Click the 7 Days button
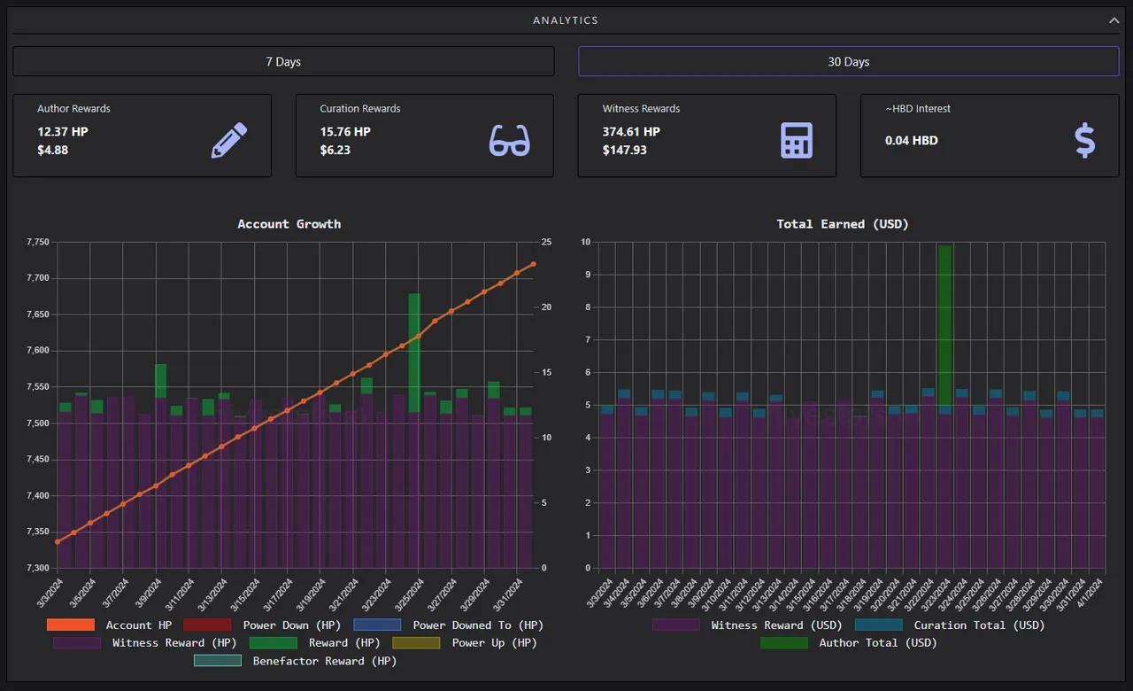click(283, 61)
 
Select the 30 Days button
click(848, 61)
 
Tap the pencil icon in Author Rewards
click(229, 140)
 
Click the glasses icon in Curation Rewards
click(509, 140)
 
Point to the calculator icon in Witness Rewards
click(797, 140)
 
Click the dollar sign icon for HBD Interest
click(1085, 140)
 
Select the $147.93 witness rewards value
click(624, 150)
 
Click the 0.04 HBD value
click(911, 140)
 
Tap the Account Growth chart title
click(289, 224)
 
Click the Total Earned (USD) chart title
click(842, 224)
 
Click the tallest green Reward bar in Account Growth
click(414, 353)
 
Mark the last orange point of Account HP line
click(533, 264)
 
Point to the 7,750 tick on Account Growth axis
click(38, 242)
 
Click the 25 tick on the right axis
click(546, 242)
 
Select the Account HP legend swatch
click(70, 625)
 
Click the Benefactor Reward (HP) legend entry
click(296, 661)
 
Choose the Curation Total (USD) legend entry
click(950, 625)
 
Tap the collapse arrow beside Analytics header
click(1114, 20)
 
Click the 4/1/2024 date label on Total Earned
click(1089, 593)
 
